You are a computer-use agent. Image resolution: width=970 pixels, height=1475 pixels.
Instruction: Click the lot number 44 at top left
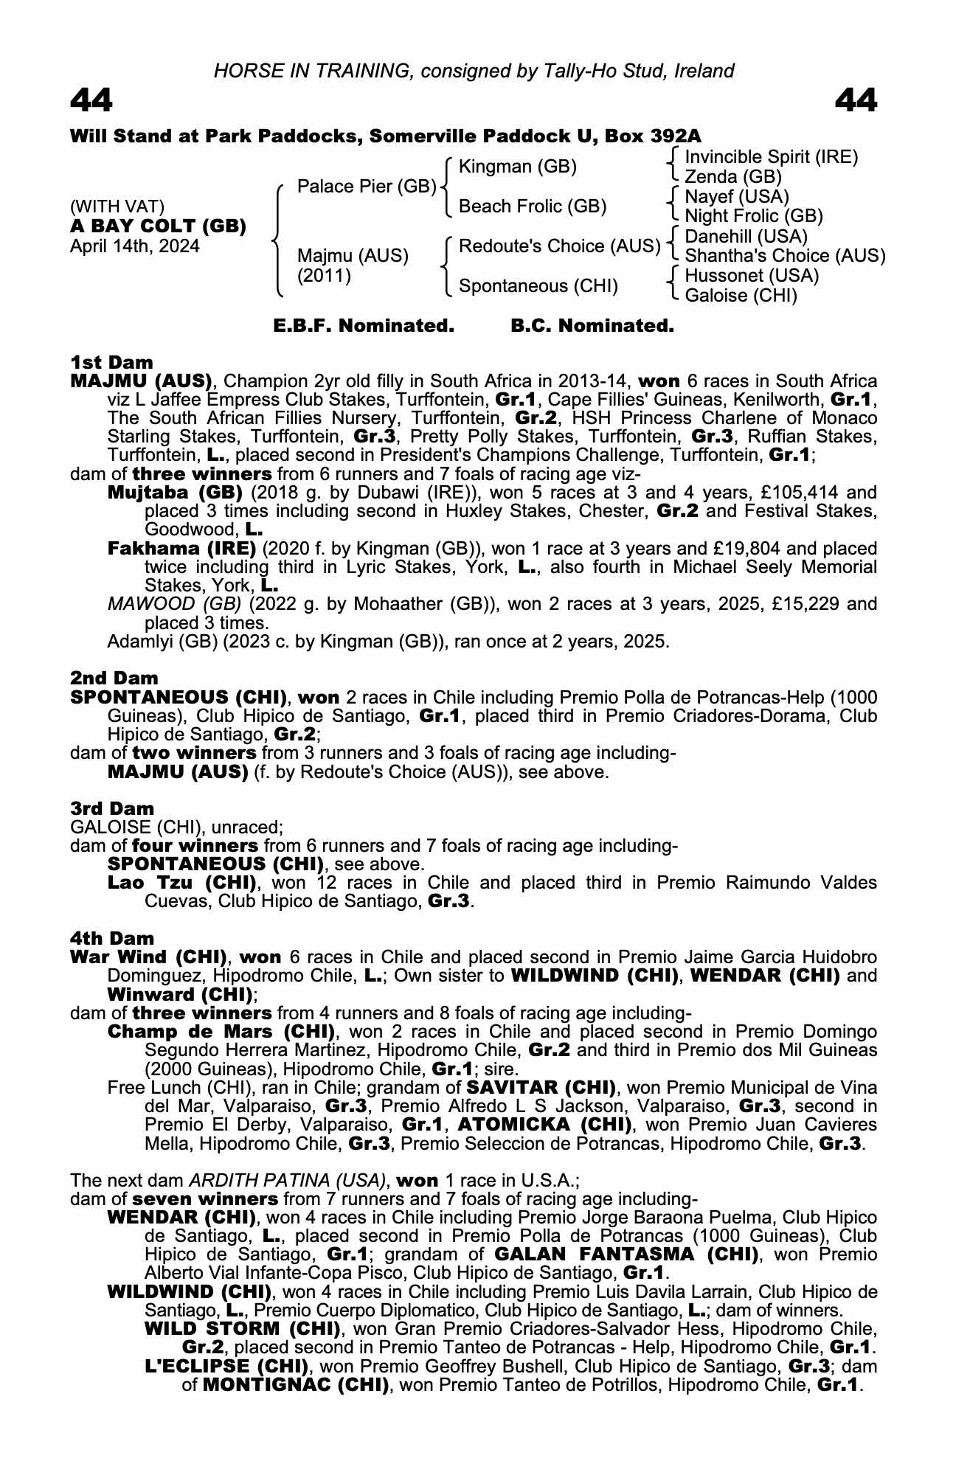(91, 100)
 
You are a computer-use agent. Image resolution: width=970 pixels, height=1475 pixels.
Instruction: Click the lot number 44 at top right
(856, 100)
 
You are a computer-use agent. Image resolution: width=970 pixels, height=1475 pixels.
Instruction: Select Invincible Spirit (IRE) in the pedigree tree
(771, 157)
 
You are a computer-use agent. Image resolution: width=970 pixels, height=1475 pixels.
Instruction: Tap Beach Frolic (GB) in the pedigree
(532, 206)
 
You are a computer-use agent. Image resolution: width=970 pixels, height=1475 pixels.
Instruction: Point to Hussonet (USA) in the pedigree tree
(752, 276)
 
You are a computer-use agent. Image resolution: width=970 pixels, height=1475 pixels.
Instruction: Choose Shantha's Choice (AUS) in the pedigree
(785, 256)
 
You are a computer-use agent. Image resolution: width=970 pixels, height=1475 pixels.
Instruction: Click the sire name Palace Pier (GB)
(367, 187)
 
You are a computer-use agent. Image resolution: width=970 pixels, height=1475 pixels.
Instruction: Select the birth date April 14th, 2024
(134, 246)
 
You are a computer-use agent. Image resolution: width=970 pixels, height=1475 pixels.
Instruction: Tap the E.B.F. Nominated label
(364, 326)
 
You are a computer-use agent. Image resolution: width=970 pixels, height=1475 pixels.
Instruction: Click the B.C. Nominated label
(592, 326)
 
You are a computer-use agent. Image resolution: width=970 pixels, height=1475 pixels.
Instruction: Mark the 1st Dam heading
(111, 362)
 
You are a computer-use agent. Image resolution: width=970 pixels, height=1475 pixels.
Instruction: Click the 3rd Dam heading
(112, 809)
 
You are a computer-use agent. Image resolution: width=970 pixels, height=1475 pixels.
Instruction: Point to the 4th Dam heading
(112, 938)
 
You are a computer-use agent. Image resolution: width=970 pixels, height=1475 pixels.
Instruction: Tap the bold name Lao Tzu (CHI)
(181, 883)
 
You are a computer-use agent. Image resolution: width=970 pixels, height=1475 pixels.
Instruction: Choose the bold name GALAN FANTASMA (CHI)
(626, 1254)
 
